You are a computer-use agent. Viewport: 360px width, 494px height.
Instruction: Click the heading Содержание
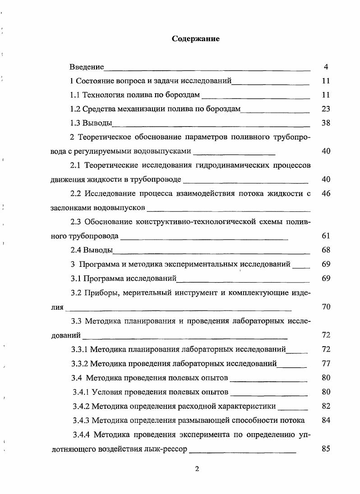(196, 39)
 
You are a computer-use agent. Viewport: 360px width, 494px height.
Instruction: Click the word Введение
(87, 67)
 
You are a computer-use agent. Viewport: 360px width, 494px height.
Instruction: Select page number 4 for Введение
(326, 67)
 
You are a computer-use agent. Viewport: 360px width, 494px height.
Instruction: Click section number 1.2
(76, 109)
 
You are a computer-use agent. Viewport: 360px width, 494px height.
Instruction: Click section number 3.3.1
(81, 349)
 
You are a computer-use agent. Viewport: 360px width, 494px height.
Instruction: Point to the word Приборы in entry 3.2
(99, 293)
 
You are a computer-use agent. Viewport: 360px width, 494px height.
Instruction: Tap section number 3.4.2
(82, 406)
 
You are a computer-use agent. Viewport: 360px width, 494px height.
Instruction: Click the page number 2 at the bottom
(197, 468)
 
